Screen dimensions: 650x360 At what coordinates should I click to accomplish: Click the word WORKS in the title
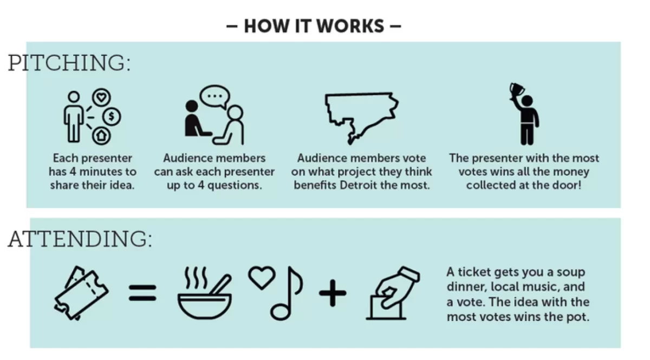point(350,26)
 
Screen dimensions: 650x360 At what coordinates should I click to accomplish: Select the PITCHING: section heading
point(69,63)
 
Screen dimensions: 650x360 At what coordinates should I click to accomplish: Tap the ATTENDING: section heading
point(80,239)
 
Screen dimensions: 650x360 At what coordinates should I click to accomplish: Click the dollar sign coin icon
point(112,116)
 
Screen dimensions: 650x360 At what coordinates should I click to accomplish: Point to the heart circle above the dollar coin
point(101,97)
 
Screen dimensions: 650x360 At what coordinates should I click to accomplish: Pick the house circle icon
point(101,135)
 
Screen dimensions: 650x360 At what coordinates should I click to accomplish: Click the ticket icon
point(81,293)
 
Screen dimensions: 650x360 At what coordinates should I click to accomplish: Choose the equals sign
point(142,293)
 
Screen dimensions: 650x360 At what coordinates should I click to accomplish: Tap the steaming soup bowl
point(205,293)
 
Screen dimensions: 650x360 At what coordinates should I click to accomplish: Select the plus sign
point(333,293)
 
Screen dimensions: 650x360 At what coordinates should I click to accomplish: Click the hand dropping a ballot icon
point(393,293)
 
